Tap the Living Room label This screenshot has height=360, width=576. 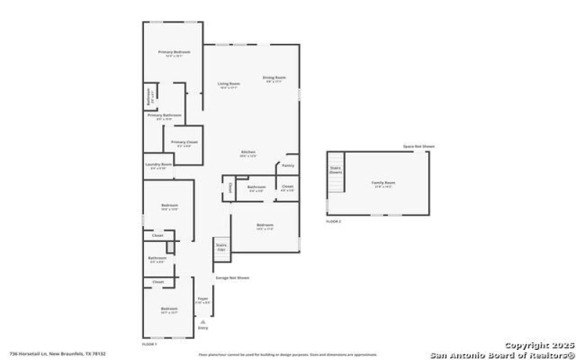(x=229, y=84)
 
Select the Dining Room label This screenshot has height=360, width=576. (x=274, y=78)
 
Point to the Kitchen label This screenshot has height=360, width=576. (x=248, y=152)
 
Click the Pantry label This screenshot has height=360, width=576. (x=288, y=166)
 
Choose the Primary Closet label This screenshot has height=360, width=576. (x=184, y=142)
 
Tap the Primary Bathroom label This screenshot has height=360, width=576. (x=164, y=115)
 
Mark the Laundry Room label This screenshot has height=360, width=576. (x=158, y=164)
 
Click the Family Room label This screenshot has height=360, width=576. (x=383, y=183)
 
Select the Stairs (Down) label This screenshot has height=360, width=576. (x=336, y=171)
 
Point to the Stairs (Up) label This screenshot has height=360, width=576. (x=222, y=246)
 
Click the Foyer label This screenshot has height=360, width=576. (x=203, y=299)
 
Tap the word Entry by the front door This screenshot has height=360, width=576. (x=204, y=328)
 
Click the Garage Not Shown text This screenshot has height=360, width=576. (x=233, y=278)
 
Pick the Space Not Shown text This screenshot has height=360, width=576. (x=419, y=147)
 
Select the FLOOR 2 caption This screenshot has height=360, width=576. (x=333, y=221)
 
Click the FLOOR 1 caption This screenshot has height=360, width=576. (x=150, y=345)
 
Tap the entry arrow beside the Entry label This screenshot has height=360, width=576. (x=204, y=321)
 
